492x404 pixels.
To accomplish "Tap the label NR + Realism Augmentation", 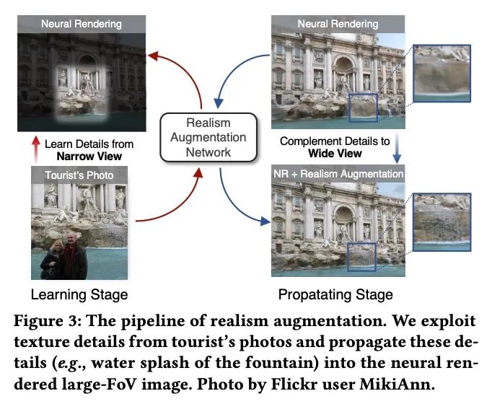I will tap(338, 174).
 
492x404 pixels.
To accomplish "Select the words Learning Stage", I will tap(79, 294).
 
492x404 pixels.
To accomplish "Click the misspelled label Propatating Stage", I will tap(335, 294).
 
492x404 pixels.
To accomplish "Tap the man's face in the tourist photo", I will tap(71, 240).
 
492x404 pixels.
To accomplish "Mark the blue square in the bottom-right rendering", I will tap(362, 256).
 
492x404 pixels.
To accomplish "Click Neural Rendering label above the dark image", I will tap(82, 24).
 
